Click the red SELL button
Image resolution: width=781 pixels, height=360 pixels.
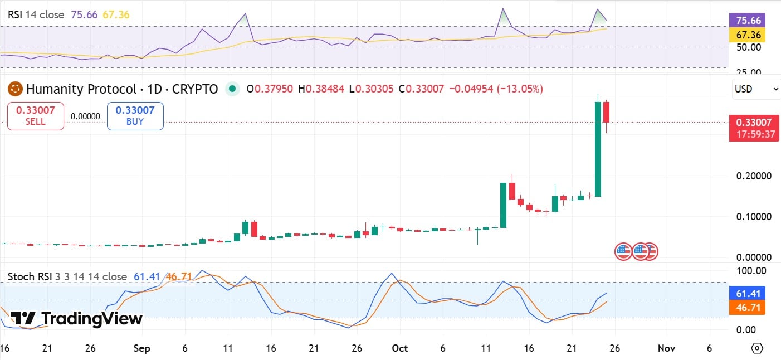[x=36, y=116]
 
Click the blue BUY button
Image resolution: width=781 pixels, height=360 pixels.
[x=135, y=116]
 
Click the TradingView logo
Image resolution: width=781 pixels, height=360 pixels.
[x=77, y=319]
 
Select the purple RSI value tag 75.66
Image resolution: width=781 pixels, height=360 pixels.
[x=746, y=21]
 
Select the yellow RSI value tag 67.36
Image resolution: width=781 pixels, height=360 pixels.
[x=746, y=35]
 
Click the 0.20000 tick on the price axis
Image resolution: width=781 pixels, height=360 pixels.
[x=754, y=176]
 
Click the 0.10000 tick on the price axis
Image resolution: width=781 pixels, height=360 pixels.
[x=754, y=216]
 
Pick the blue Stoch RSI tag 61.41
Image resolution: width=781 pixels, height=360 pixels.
[x=746, y=294]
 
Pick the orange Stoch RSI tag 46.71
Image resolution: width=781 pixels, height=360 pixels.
[x=746, y=307]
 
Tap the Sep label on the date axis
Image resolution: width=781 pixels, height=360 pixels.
[x=142, y=348]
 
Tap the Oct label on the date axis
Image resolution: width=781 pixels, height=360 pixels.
[x=399, y=348]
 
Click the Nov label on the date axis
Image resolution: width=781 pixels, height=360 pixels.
[x=666, y=348]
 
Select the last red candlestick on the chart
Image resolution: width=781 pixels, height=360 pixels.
[x=606, y=112]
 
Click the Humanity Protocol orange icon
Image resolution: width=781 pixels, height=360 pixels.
[x=15, y=89]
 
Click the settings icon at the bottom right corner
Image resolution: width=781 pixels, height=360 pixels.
[x=757, y=348]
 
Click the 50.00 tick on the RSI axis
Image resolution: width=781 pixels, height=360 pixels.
[x=749, y=47]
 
